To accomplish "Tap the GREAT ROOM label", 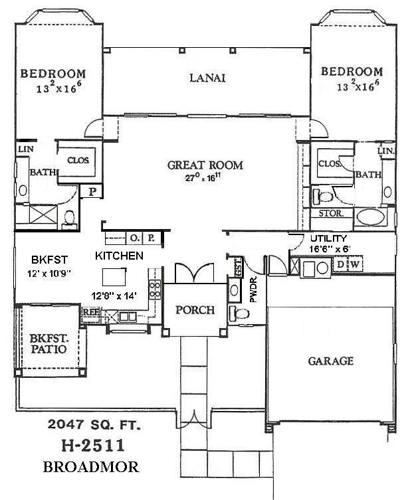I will click(205, 165).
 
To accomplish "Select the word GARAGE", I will click(330, 361).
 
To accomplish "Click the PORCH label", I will click(195, 310).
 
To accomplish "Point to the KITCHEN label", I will click(120, 256).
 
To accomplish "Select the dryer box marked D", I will click(341, 265).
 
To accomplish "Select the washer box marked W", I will click(354, 265).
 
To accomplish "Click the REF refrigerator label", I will click(90, 310).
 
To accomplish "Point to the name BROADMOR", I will click(91, 467).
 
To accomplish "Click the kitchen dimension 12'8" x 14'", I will click(114, 296).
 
